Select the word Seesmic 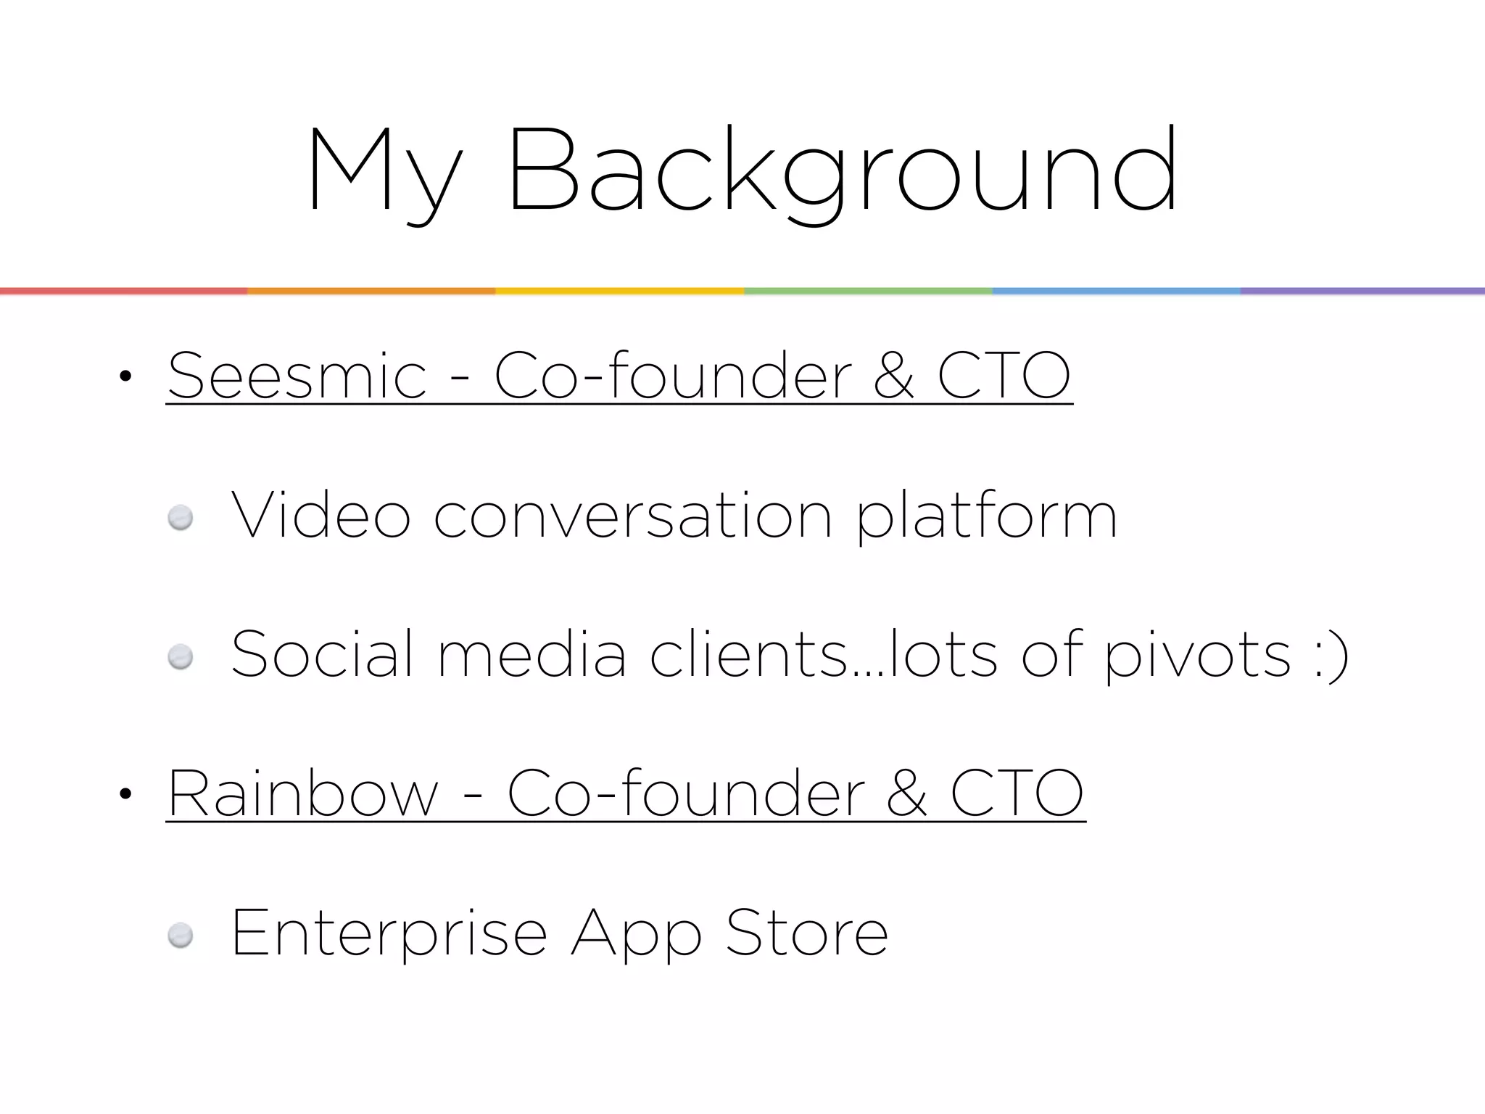(x=297, y=376)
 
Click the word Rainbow (x=303, y=793)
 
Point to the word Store (x=806, y=933)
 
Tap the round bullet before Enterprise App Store (x=181, y=936)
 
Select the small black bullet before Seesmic (x=125, y=376)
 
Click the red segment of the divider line (x=123, y=291)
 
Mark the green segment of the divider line (x=868, y=291)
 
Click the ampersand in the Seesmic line (x=894, y=376)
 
